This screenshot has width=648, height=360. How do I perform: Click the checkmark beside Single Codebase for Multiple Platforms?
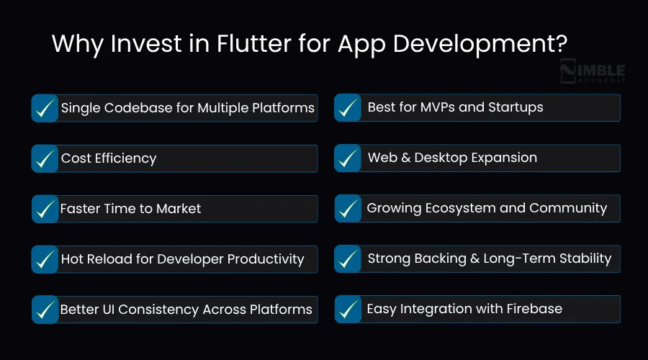[x=45, y=108]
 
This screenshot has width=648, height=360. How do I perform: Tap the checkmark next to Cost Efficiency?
[x=45, y=158]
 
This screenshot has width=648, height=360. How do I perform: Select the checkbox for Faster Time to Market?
[x=45, y=209]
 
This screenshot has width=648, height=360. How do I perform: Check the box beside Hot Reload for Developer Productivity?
[x=45, y=259]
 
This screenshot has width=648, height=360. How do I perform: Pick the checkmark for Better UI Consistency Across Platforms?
[x=45, y=310]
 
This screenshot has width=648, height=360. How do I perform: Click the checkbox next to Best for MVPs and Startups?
[x=348, y=108]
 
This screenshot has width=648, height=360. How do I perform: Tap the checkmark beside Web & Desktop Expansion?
[x=348, y=158]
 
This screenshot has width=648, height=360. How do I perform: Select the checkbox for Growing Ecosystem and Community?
[x=348, y=209]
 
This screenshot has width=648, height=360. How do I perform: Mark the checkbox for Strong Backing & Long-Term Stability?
[x=348, y=259]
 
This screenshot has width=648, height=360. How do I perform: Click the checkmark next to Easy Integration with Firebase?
[x=348, y=310]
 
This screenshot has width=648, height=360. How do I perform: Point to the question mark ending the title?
[x=560, y=45]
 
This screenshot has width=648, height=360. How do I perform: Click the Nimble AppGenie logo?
[x=592, y=73]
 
